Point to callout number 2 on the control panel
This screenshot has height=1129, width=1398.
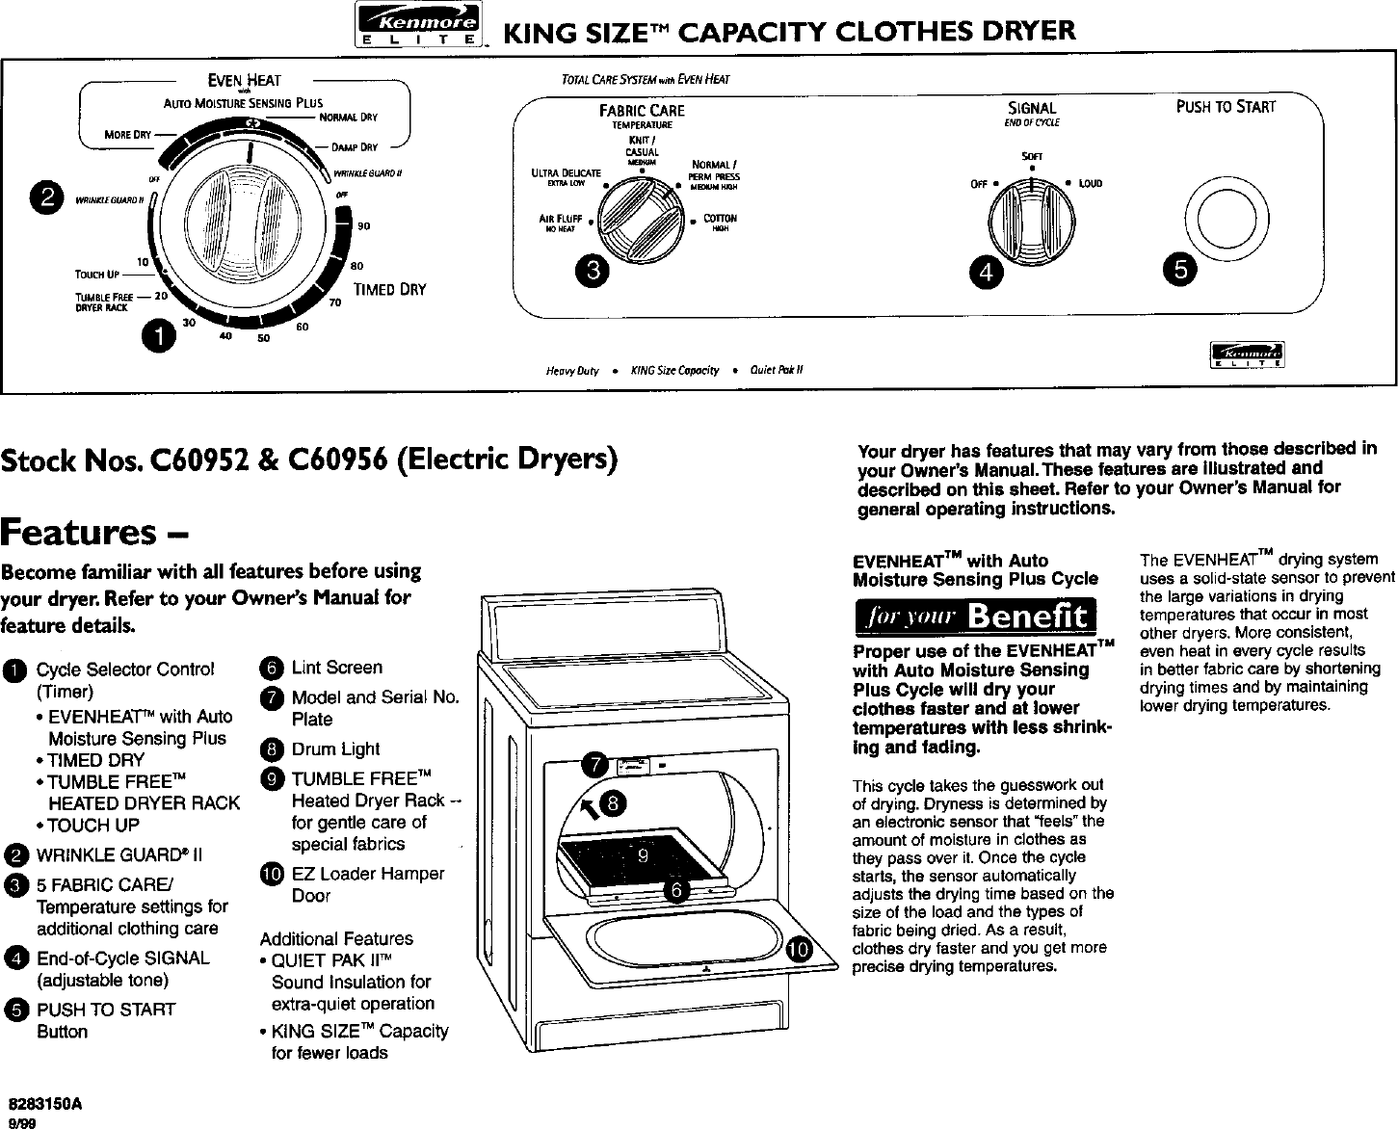coord(42,197)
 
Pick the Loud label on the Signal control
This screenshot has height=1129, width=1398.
coord(1091,183)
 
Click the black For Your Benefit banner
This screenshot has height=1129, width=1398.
coord(973,615)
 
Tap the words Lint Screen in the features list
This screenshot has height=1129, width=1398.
coord(336,668)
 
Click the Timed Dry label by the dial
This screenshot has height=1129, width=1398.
coord(389,289)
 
